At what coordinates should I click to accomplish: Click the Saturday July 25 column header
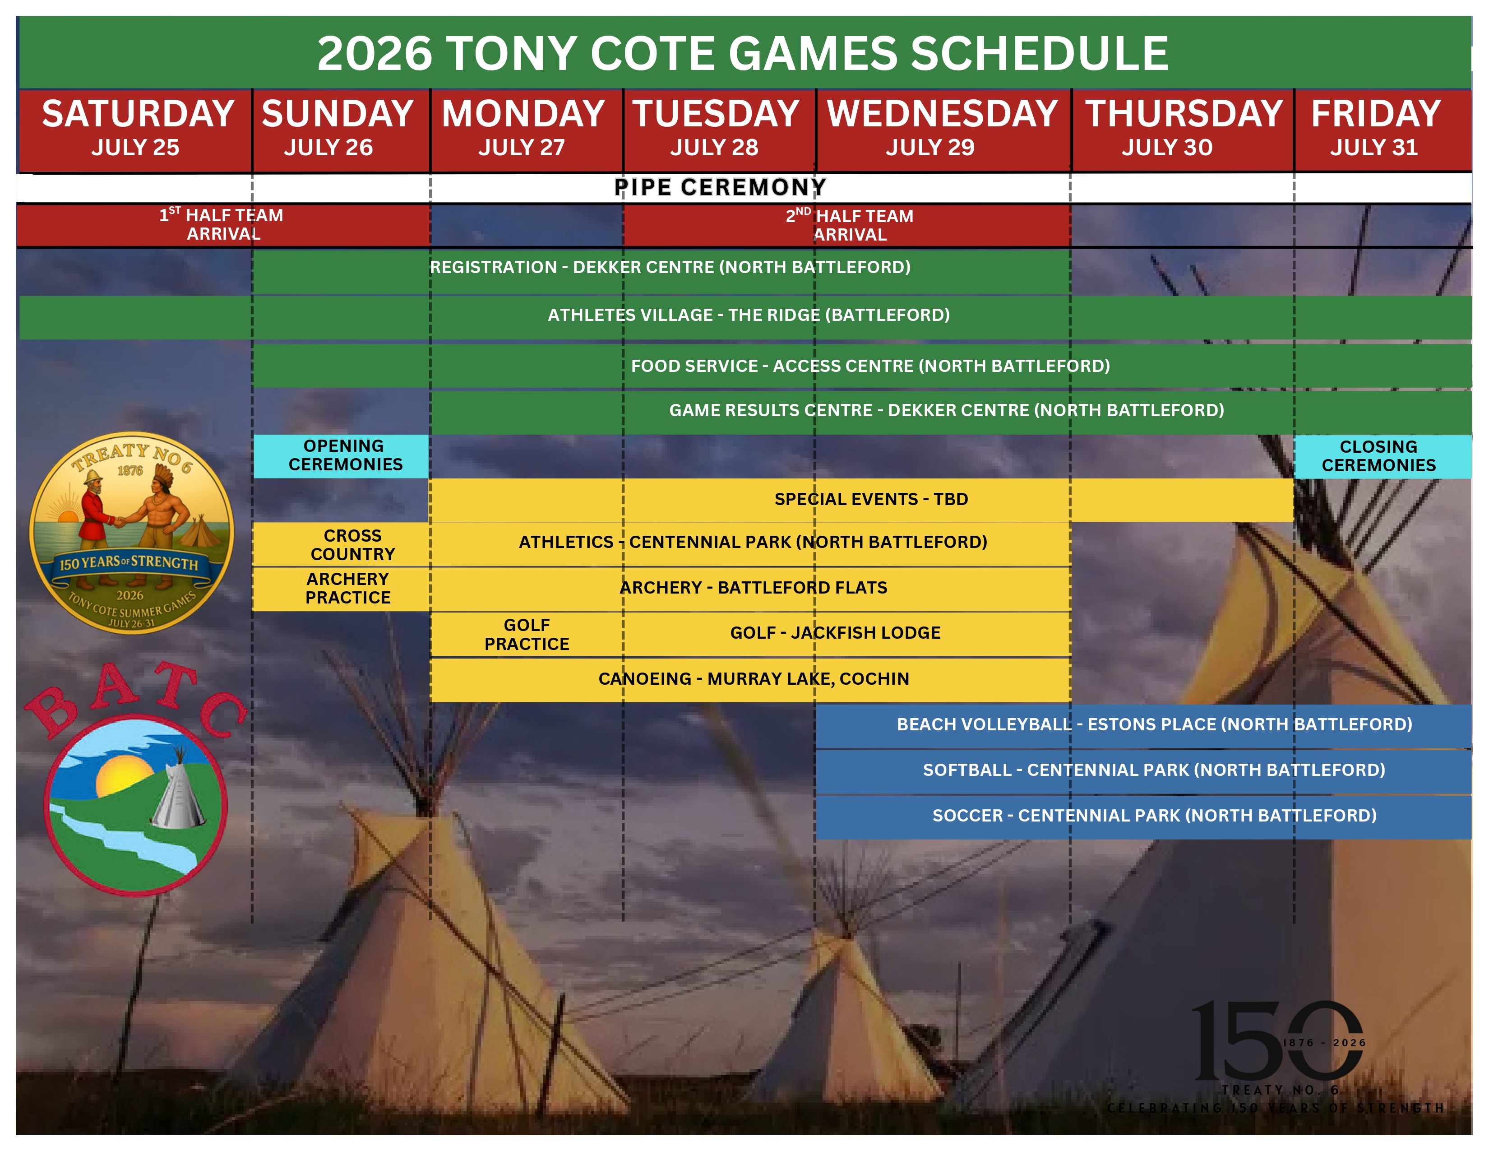click(x=136, y=130)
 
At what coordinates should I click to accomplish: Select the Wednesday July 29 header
click(x=943, y=130)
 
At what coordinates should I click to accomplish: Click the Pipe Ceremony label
click(x=720, y=187)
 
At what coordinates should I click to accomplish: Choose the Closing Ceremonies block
click(x=1383, y=456)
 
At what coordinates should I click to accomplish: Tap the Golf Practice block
click(x=527, y=634)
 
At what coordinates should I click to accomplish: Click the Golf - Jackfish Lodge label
click(x=835, y=633)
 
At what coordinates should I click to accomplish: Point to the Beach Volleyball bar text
click(x=1154, y=724)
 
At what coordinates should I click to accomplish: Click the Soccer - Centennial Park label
click(x=1154, y=816)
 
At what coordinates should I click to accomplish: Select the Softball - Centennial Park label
click(x=1154, y=770)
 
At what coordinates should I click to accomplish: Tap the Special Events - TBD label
click(x=871, y=499)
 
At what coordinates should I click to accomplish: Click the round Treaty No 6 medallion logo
click(x=132, y=533)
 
